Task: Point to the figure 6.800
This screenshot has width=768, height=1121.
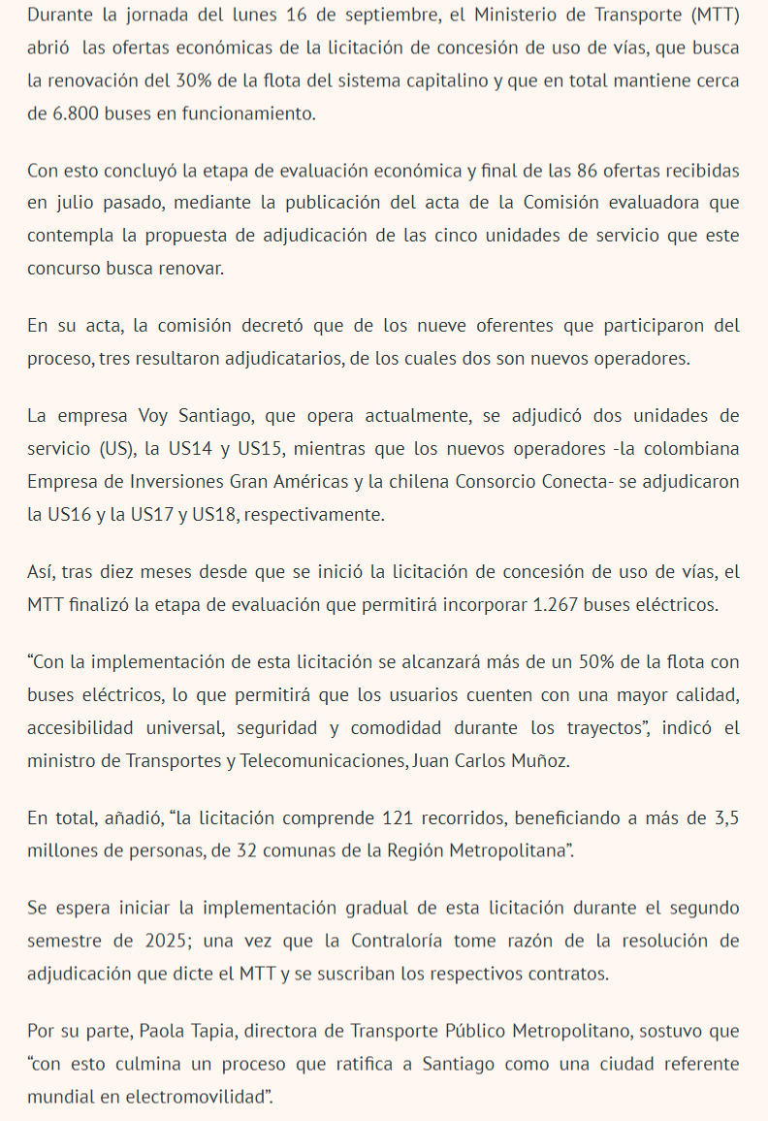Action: click(x=75, y=113)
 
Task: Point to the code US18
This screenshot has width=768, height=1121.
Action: click(x=211, y=514)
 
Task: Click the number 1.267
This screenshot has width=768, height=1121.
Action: click(x=559, y=605)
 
